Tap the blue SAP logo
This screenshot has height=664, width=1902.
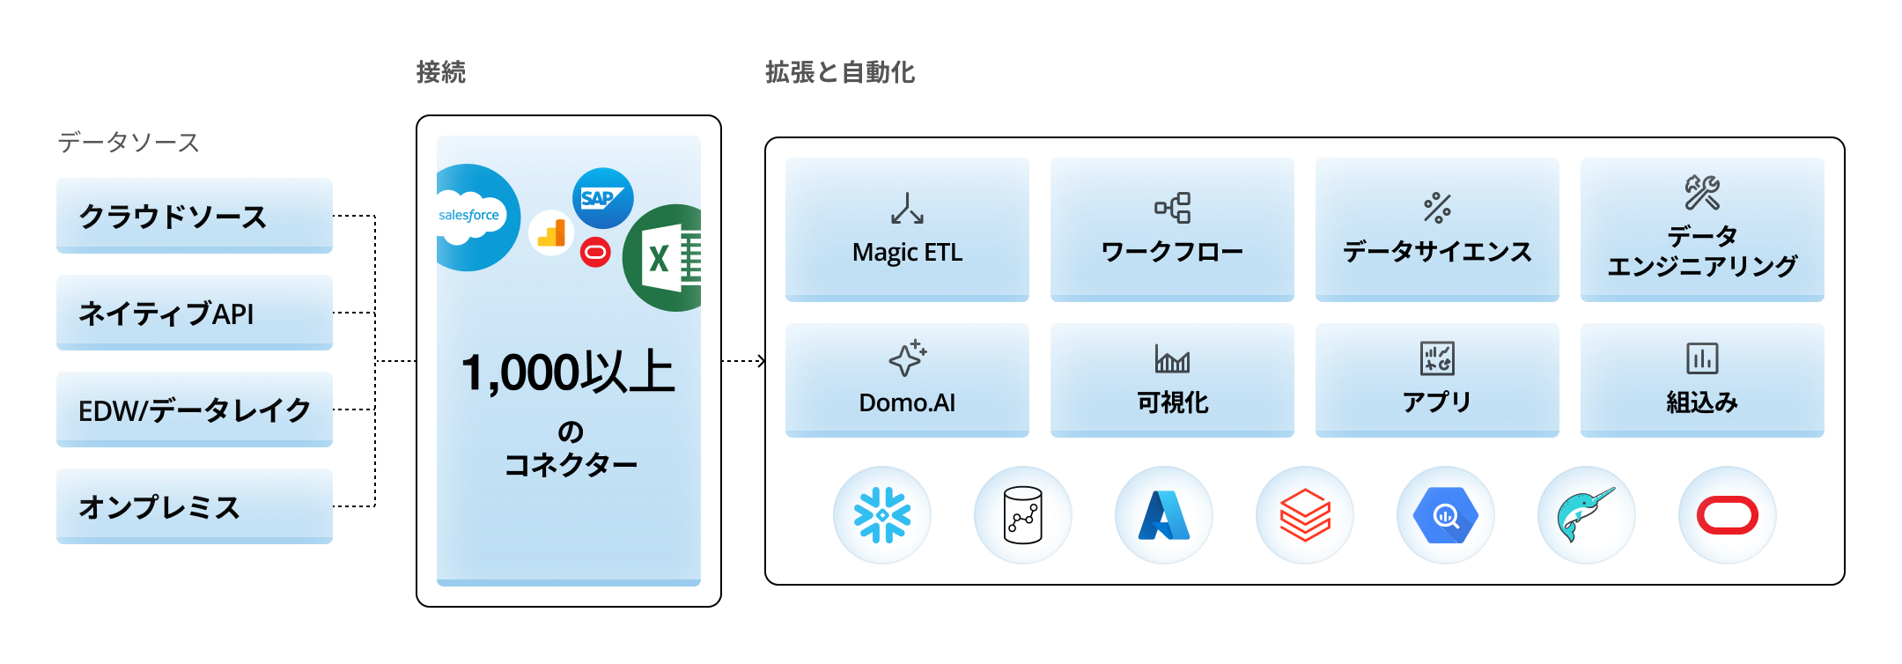point(603,198)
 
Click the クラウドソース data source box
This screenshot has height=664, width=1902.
point(195,216)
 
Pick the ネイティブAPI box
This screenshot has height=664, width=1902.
point(195,313)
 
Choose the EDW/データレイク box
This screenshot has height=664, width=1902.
point(195,409)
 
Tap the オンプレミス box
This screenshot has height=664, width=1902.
point(195,506)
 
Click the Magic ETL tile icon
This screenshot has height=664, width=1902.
point(907,209)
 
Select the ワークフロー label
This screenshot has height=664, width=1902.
point(1172,252)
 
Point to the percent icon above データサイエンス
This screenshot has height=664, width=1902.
point(1437,208)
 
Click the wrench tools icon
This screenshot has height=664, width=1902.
point(1702,193)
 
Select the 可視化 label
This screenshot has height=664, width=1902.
point(1172,402)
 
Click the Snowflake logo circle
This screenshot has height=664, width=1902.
point(882,515)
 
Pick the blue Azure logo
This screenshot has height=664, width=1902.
point(1164,515)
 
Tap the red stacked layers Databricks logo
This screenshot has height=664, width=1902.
point(1305,515)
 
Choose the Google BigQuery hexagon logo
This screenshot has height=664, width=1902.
point(1446,515)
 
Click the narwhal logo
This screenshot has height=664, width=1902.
point(1587,515)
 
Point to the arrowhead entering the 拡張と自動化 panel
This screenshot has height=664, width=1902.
point(762,361)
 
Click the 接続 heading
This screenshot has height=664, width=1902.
point(441,72)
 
